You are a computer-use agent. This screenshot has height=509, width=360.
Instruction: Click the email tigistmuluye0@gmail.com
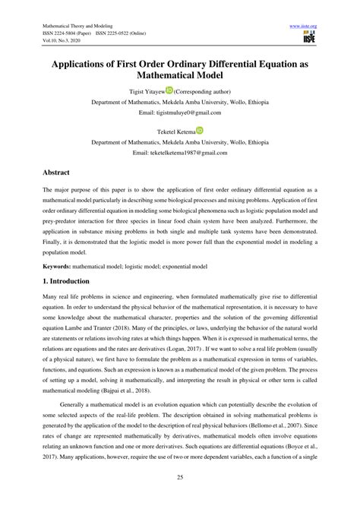tap(179, 112)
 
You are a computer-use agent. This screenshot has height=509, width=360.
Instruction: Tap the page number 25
tap(180, 477)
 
